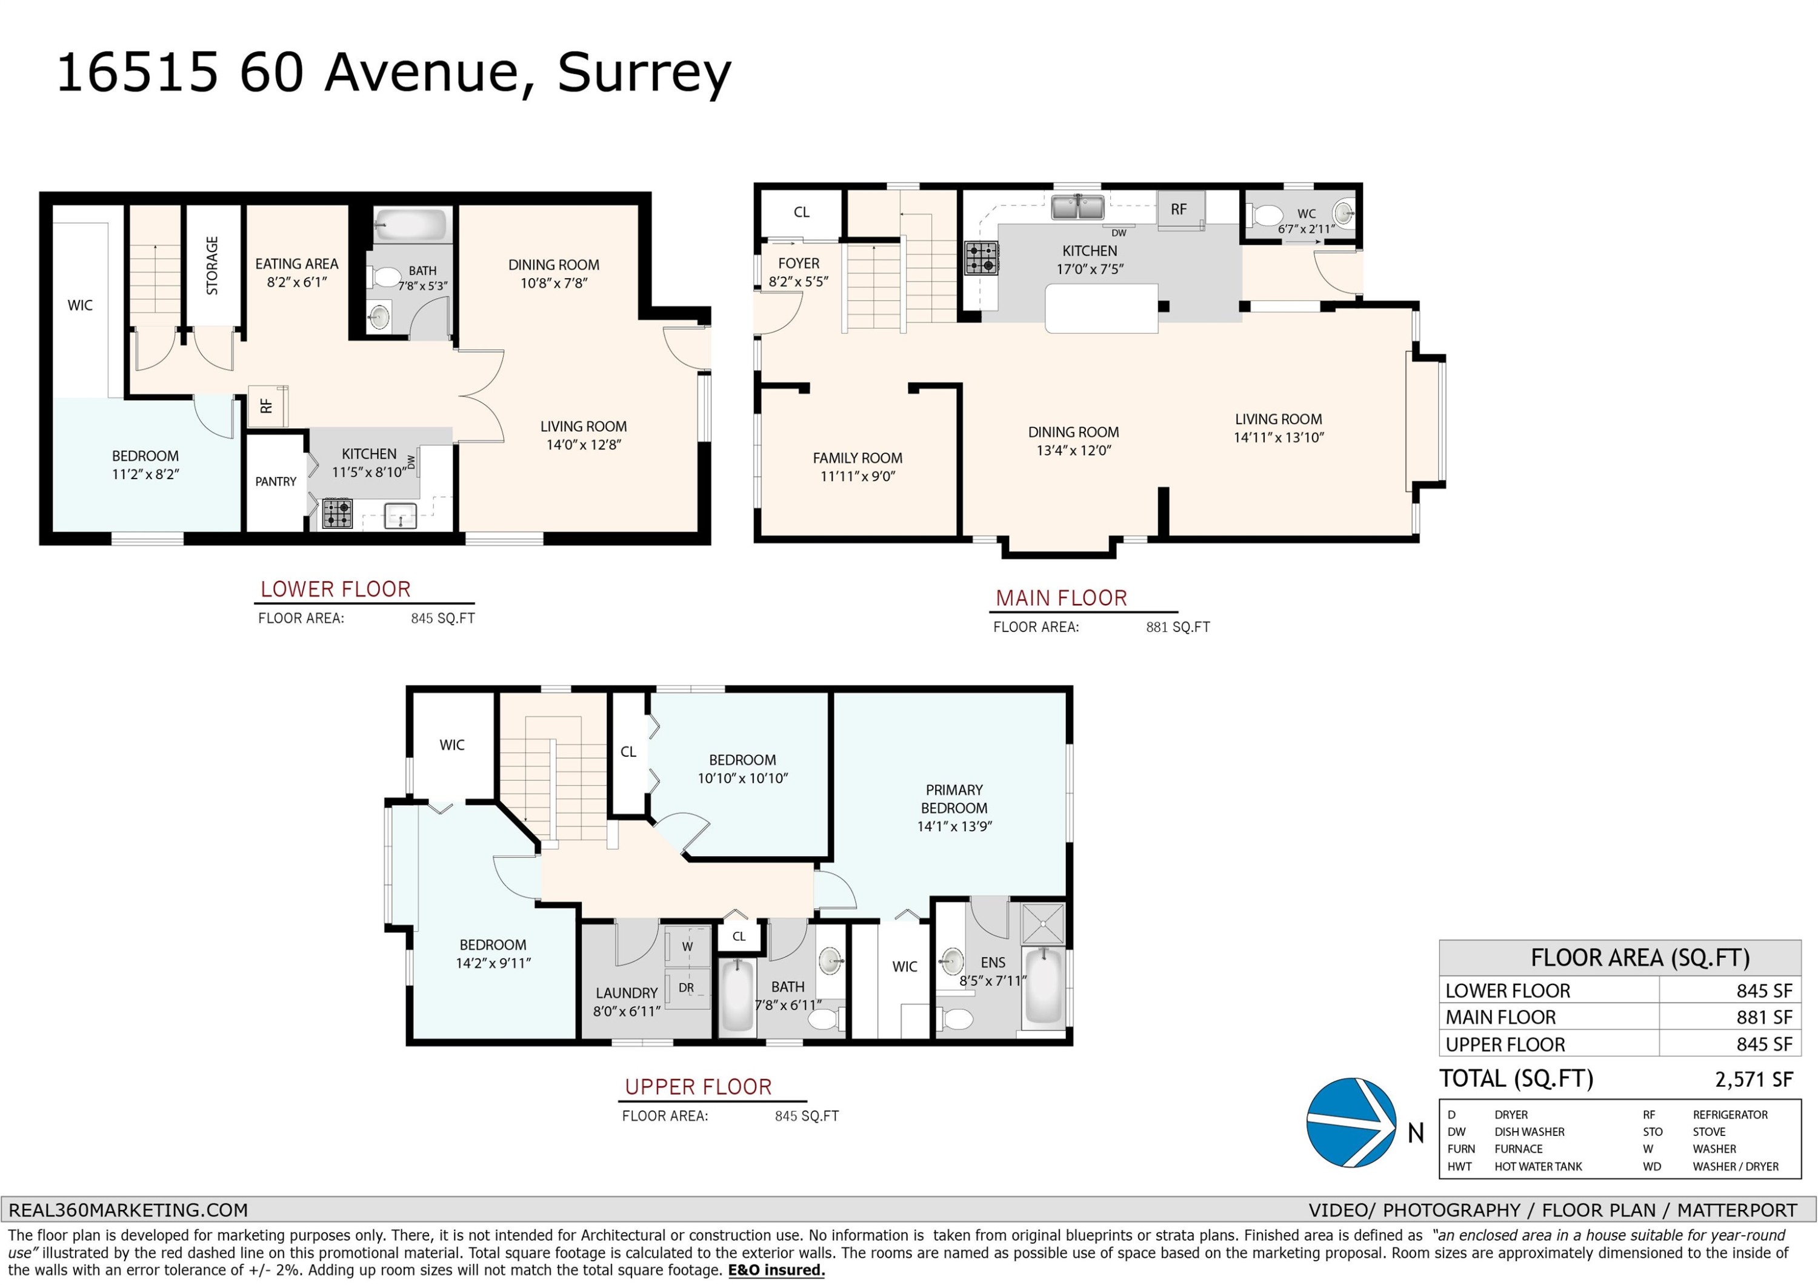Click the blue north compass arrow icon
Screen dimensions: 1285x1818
click(x=1351, y=1123)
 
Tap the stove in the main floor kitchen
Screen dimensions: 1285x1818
click(x=981, y=257)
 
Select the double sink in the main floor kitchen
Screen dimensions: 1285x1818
click(x=1077, y=207)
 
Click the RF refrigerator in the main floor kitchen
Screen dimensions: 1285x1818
click(x=1180, y=209)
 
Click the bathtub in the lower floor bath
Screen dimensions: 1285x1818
click(x=410, y=225)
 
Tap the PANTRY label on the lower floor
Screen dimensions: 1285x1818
click(x=276, y=482)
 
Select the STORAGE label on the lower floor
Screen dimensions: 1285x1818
click(x=212, y=265)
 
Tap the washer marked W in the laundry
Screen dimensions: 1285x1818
click(x=687, y=946)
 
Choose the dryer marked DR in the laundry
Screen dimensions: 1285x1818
click(x=687, y=988)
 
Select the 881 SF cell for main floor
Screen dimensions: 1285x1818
click(x=1763, y=1017)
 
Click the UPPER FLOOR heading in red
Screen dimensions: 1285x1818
click(x=698, y=1086)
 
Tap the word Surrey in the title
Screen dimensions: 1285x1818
click(x=644, y=72)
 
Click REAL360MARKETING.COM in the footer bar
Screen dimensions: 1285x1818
click(x=128, y=1210)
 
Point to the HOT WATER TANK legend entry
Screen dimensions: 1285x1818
click(x=1537, y=1166)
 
